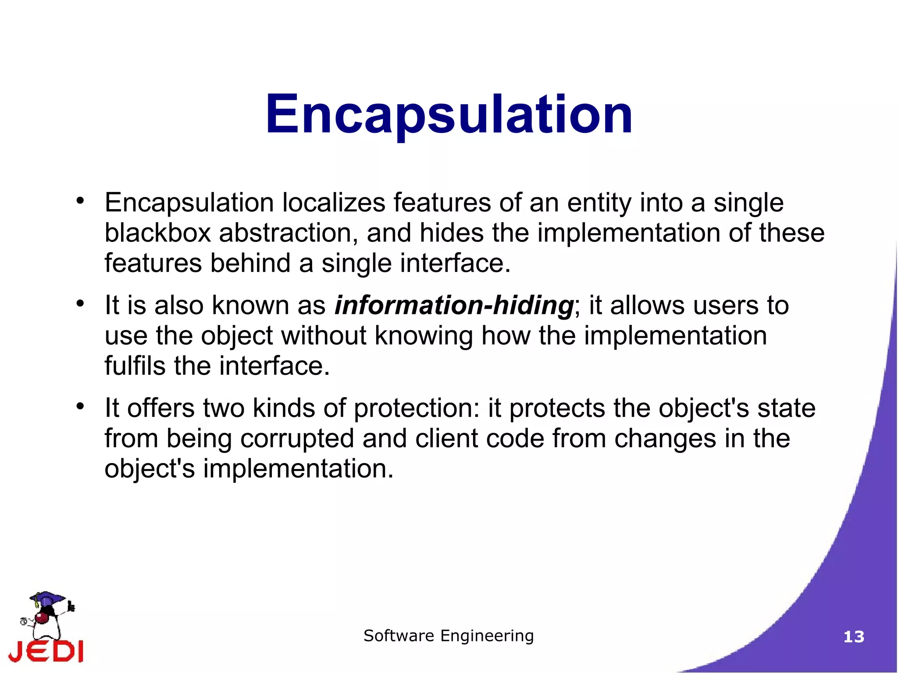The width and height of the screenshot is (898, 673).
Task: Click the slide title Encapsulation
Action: [449, 115]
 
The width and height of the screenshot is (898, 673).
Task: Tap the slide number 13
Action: [854, 637]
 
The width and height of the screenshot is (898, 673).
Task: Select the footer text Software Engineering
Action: [449, 635]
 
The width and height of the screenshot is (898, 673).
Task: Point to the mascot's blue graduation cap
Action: [47, 598]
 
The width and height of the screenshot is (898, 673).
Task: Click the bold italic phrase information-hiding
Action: [454, 305]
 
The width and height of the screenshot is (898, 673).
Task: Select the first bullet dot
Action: [79, 201]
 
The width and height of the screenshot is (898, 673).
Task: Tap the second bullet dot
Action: [79, 303]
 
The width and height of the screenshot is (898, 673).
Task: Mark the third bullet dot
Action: [79, 406]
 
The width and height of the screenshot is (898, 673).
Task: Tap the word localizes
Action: [333, 203]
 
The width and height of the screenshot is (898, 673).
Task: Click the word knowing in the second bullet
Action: [424, 336]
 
